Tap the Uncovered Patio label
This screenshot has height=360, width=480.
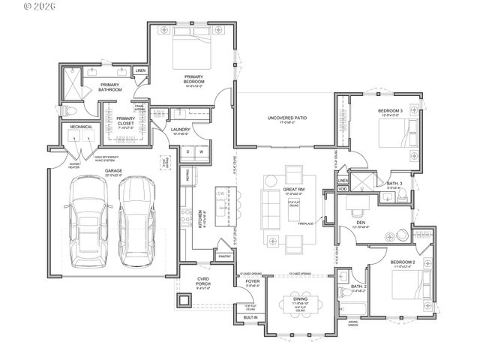point(287,118)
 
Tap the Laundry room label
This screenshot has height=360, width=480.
point(181,130)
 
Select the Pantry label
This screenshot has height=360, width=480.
point(224,256)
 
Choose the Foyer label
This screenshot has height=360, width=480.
point(252,281)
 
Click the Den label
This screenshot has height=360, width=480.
point(361,222)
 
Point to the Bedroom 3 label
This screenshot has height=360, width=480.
point(390,112)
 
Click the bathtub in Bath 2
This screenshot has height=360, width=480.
point(350,308)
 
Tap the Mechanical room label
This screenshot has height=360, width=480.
point(82,127)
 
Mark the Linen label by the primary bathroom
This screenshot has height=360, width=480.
point(140,71)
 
